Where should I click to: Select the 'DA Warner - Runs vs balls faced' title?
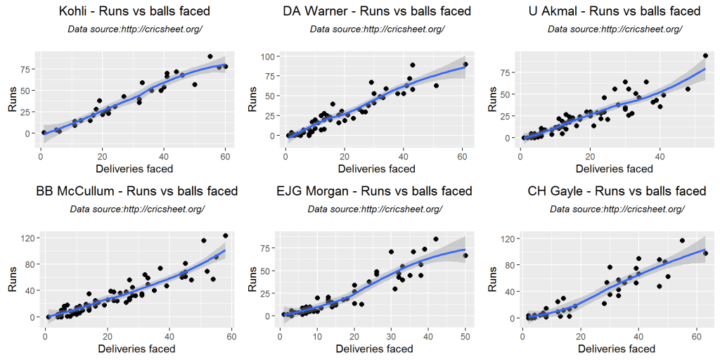tap(377, 11)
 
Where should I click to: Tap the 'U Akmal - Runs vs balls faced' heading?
tap(615, 11)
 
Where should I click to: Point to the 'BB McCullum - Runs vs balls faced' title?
tap(137, 191)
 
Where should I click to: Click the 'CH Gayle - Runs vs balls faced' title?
tap(617, 191)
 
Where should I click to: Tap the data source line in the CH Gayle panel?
tap(617, 210)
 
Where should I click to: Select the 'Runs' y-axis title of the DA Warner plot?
tap(252, 100)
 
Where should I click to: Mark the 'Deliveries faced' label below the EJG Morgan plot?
tap(375, 349)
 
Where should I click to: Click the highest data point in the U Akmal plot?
tap(705, 56)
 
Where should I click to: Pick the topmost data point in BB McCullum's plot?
tap(225, 236)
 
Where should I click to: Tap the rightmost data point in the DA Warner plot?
tap(465, 64)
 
